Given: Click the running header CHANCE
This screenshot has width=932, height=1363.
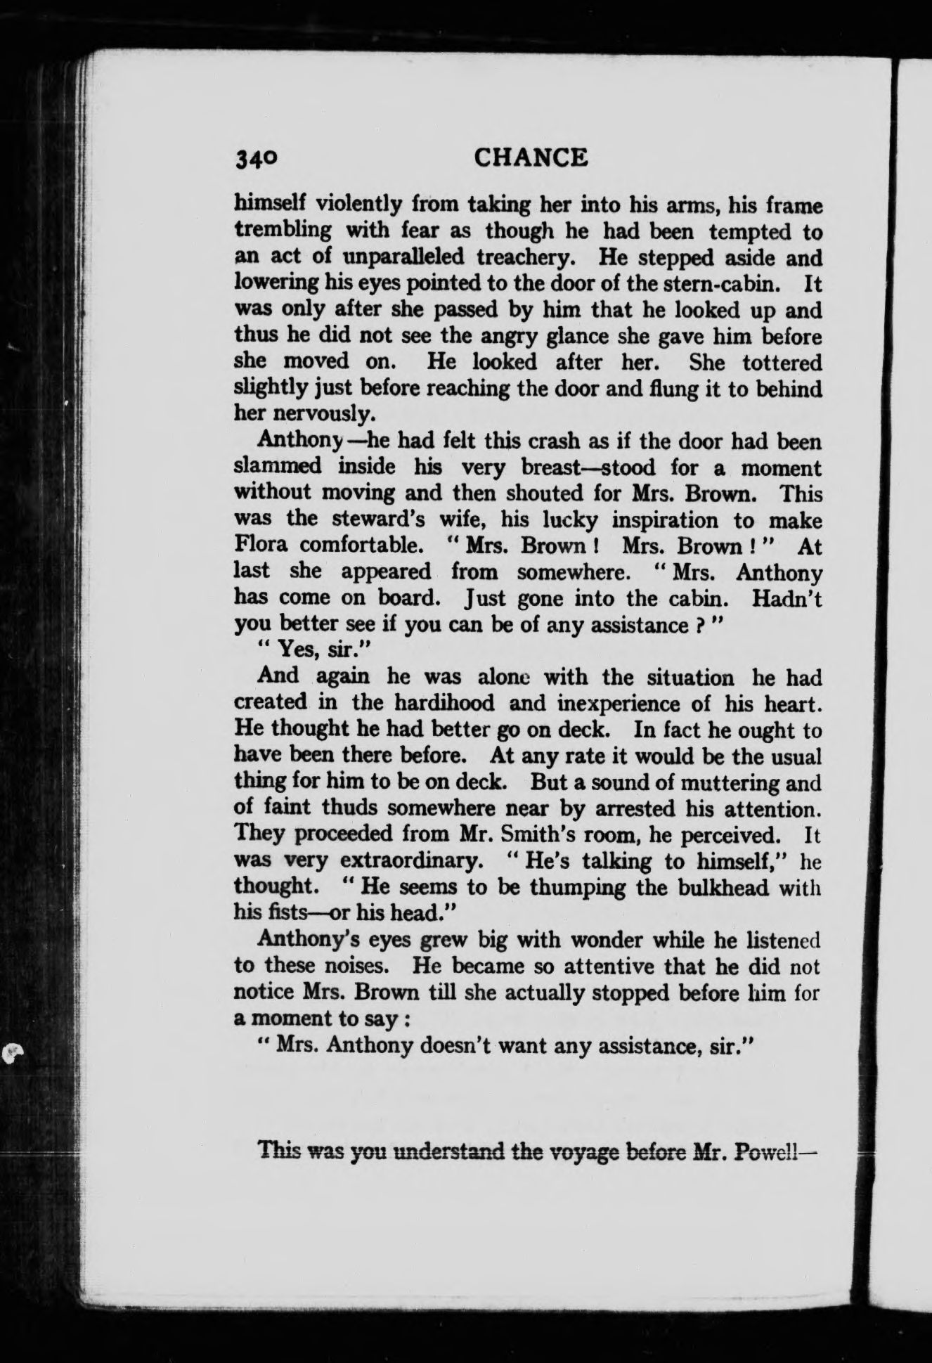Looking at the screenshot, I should pyautogui.click(x=531, y=157).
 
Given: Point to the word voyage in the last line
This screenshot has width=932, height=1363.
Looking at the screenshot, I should pyautogui.click(x=584, y=1151).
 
